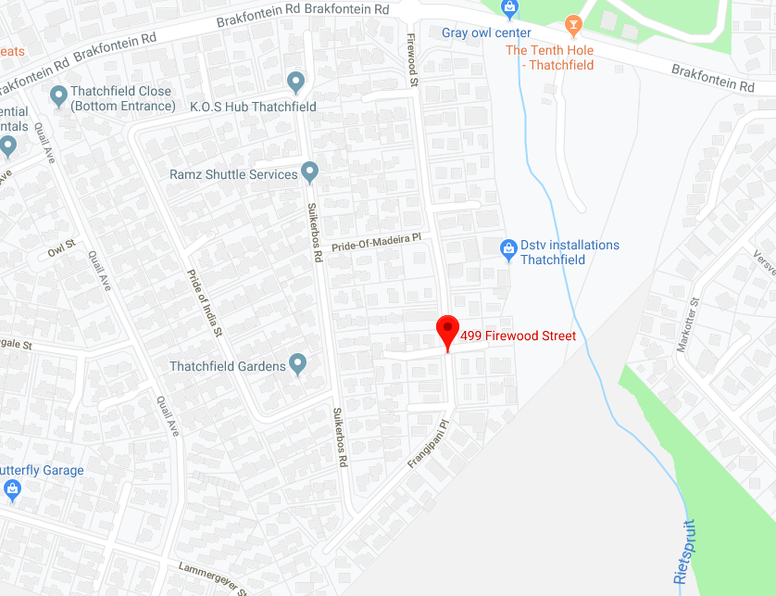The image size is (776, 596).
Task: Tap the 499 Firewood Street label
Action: pyautogui.click(x=518, y=336)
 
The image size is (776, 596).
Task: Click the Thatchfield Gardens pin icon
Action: pyautogui.click(x=297, y=364)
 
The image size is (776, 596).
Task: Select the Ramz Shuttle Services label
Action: pyautogui.click(x=233, y=174)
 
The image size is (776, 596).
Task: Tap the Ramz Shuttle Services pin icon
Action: pyautogui.click(x=310, y=172)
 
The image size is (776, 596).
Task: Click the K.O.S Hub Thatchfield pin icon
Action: pyautogui.click(x=296, y=82)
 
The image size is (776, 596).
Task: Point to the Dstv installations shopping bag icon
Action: pyautogui.click(x=507, y=248)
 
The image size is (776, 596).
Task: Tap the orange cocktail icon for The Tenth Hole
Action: pyautogui.click(x=573, y=23)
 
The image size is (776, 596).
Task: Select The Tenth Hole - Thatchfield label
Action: pyautogui.click(x=549, y=57)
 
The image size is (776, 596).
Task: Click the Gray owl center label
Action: pyautogui.click(x=486, y=32)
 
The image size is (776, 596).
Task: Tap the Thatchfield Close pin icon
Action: pyautogui.click(x=58, y=95)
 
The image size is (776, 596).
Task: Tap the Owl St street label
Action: pyautogui.click(x=61, y=248)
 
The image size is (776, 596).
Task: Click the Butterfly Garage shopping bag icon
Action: pyautogui.click(x=11, y=488)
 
